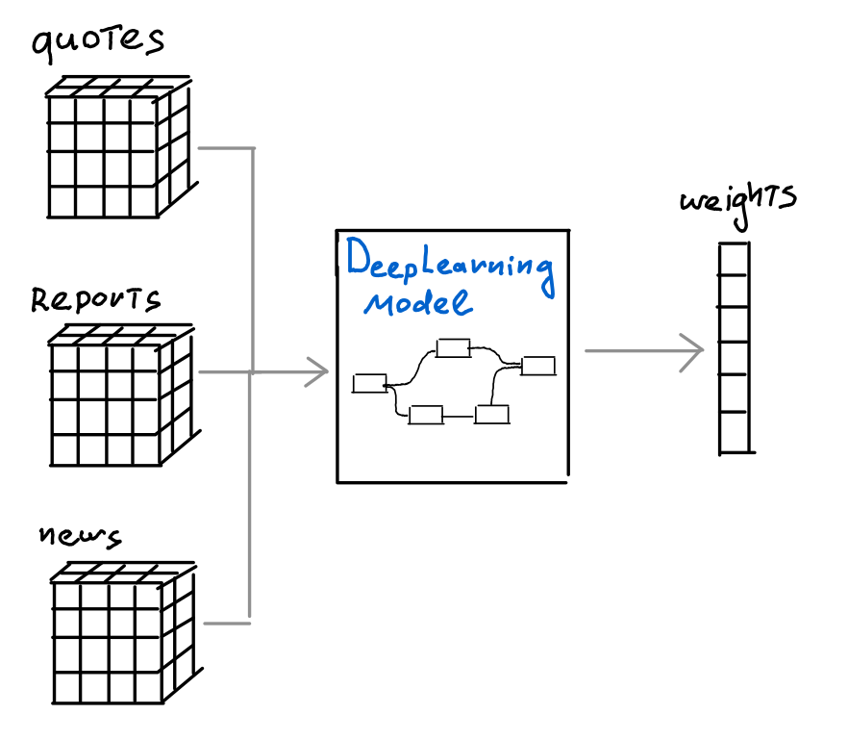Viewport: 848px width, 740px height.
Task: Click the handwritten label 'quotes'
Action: coord(97,43)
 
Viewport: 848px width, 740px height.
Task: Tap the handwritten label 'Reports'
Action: coord(95,299)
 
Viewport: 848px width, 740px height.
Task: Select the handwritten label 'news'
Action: coord(80,537)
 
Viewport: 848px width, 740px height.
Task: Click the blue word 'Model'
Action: coord(417,303)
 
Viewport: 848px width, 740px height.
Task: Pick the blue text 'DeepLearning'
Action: coord(450,263)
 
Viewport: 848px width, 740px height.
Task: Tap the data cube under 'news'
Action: coord(119,635)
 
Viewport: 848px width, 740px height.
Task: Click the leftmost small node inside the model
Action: coord(369,383)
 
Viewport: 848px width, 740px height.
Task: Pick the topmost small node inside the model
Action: coord(452,347)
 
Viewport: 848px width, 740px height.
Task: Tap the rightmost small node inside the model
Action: coord(538,365)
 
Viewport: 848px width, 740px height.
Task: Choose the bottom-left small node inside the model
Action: coord(425,415)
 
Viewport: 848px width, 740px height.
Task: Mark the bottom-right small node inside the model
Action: coord(491,415)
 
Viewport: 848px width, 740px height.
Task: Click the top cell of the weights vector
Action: coord(735,259)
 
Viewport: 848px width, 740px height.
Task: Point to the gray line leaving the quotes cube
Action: coord(226,149)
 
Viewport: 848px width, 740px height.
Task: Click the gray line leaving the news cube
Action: coord(226,624)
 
